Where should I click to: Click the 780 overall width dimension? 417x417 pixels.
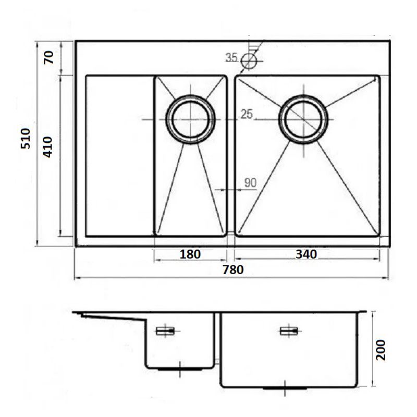pyautogui.click(x=233, y=270)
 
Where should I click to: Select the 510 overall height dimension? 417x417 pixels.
pyautogui.click(x=26, y=139)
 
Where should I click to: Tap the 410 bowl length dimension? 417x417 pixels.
pyautogui.click(x=47, y=147)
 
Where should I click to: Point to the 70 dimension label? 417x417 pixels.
pyautogui.click(x=48, y=57)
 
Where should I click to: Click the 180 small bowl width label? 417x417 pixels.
pyautogui.click(x=190, y=254)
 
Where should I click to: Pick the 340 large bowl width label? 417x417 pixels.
pyautogui.click(x=306, y=254)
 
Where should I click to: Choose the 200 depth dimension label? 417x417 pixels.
pyautogui.click(x=381, y=350)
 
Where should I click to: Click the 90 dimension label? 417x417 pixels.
pyautogui.click(x=250, y=183)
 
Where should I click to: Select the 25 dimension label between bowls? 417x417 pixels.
pyautogui.click(x=247, y=114)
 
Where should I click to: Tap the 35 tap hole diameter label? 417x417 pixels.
pyautogui.click(x=231, y=57)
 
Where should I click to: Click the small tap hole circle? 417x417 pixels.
pyautogui.click(x=249, y=62)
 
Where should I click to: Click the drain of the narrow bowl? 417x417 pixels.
pyautogui.click(x=190, y=119)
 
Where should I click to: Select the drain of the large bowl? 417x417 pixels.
pyautogui.click(x=303, y=119)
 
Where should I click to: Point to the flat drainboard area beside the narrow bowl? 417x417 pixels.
pyautogui.click(x=120, y=156)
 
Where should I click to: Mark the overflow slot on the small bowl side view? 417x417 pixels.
pyautogui.click(x=165, y=331)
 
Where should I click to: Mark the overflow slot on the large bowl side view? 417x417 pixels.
pyautogui.click(x=289, y=331)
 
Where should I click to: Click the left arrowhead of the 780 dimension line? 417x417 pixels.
pyautogui.click(x=78, y=278)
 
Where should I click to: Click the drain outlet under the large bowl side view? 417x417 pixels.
pyautogui.click(x=285, y=388)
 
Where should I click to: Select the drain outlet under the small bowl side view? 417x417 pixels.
pyautogui.click(x=180, y=370)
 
